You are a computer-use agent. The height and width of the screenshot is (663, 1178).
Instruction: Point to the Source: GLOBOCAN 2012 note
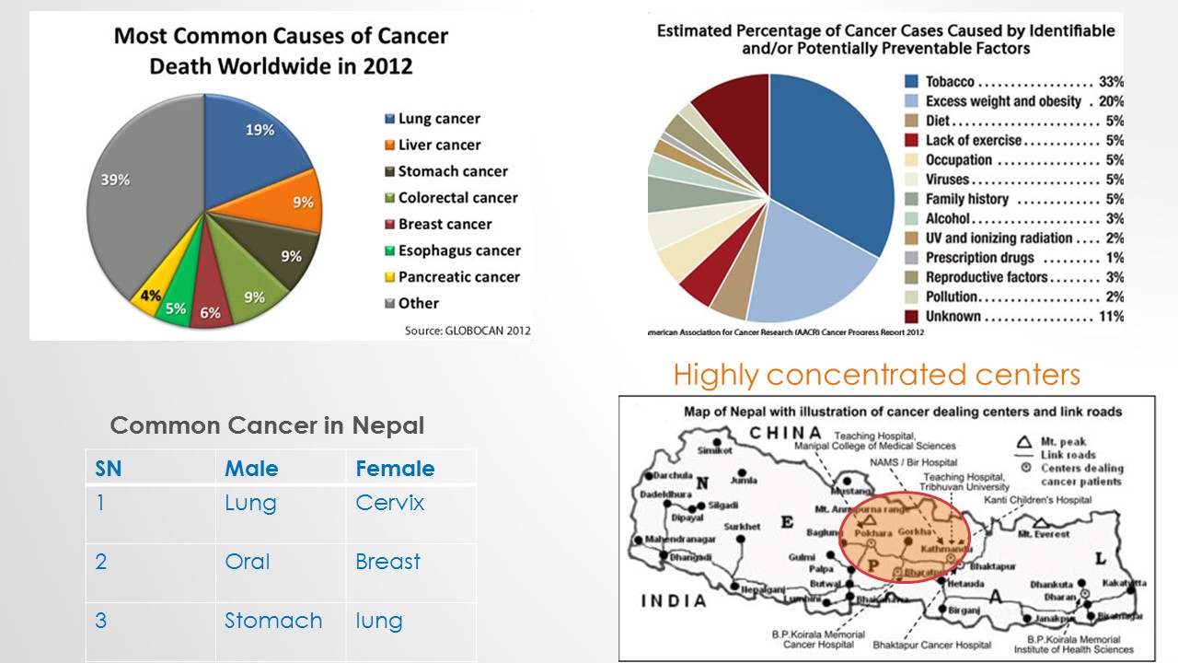468,331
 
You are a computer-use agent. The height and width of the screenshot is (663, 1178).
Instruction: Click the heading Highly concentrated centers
876,375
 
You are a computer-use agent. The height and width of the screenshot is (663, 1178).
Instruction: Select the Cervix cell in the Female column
390,504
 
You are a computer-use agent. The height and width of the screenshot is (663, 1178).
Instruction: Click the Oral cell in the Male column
248,562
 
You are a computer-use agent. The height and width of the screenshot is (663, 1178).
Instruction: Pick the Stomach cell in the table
273,621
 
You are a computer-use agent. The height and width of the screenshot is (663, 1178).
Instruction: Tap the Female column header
395,469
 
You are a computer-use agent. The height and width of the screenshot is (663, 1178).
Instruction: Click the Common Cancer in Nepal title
267,425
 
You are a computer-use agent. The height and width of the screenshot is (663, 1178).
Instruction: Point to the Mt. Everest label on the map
1044,534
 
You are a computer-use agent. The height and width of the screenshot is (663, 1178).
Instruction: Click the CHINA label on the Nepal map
785,433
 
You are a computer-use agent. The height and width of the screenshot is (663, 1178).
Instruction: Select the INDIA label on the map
673,601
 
